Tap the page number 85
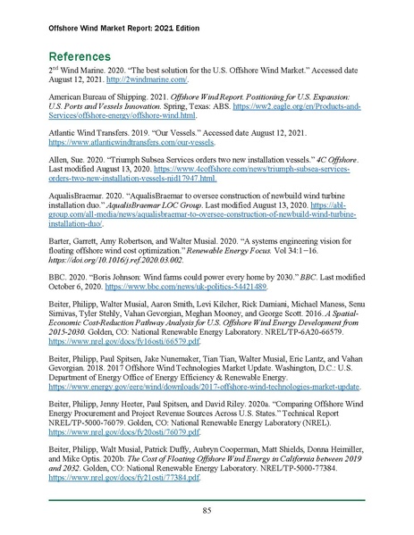206,511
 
